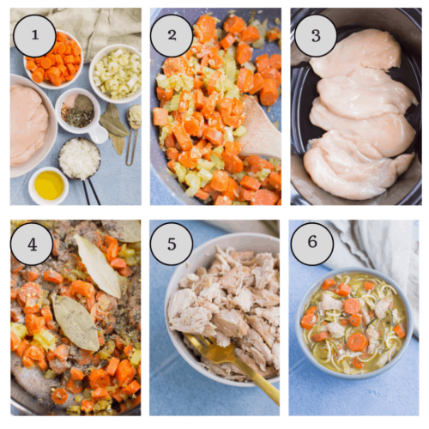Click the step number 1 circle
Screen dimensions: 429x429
pyautogui.click(x=33, y=36)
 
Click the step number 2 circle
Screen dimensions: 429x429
pyautogui.click(x=172, y=36)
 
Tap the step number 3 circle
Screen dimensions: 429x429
pyautogui.click(x=311, y=36)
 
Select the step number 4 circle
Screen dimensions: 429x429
pyautogui.click(x=32, y=244)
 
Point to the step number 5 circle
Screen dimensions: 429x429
pyautogui.click(x=172, y=244)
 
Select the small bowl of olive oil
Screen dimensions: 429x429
pyautogui.click(x=49, y=184)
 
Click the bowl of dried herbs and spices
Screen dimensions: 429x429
pyautogui.click(x=78, y=111)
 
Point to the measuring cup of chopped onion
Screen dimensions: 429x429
pyautogui.click(x=79, y=159)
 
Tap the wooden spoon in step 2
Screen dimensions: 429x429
pyautogui.click(x=259, y=129)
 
